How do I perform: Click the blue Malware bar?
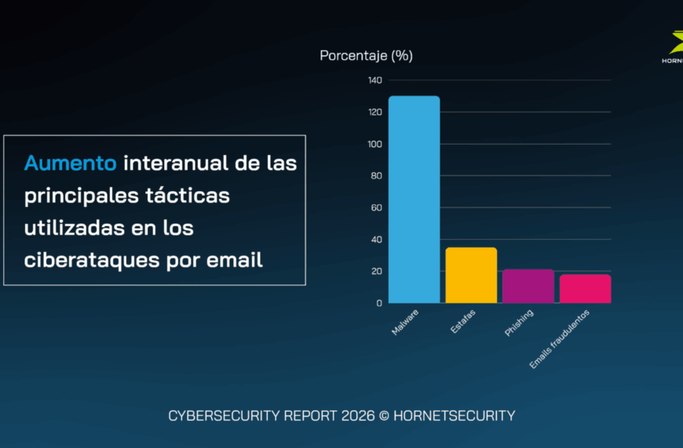pyautogui.click(x=415, y=200)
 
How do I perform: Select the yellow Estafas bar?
pyautogui.click(x=471, y=275)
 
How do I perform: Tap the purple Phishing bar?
pyautogui.click(x=528, y=286)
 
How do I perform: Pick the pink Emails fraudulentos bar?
pyautogui.click(x=585, y=288)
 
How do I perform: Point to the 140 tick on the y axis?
pyautogui.click(x=374, y=80)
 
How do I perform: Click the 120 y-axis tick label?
pyautogui.click(x=374, y=112)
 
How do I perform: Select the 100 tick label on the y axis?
pyautogui.click(x=374, y=144)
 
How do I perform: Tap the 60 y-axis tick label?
pyautogui.click(x=376, y=207)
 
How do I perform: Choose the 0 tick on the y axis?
pyautogui.click(x=378, y=303)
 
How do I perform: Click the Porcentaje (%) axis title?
pyautogui.click(x=366, y=55)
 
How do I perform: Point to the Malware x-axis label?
pyautogui.click(x=405, y=322)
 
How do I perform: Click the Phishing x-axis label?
pyautogui.click(x=519, y=323)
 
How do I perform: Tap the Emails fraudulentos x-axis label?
pyautogui.click(x=559, y=339)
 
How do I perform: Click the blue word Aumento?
pyautogui.click(x=71, y=163)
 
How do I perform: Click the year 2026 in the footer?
pyautogui.click(x=352, y=416)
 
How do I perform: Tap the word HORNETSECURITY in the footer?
pyautogui.click(x=453, y=416)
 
